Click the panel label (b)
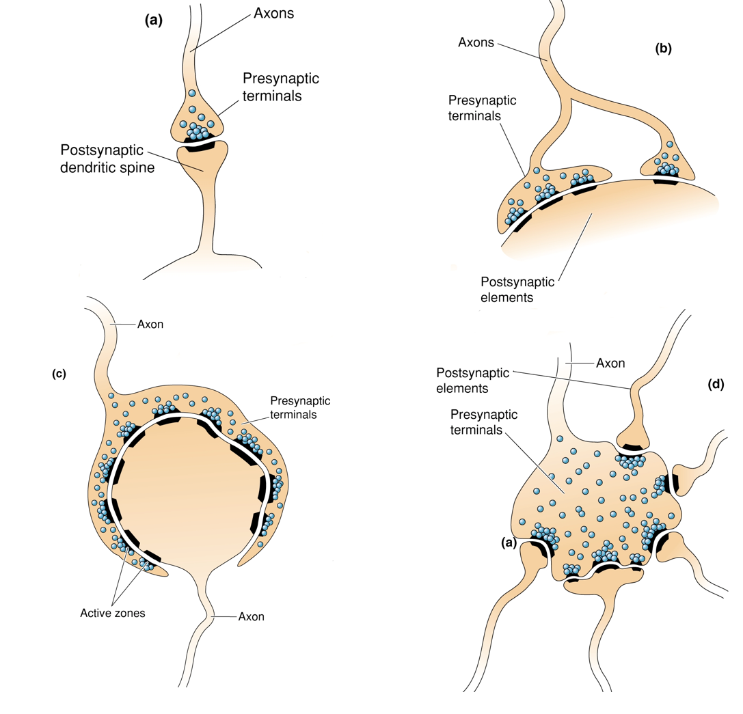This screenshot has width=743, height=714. [662, 49]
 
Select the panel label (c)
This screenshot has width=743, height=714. [59, 373]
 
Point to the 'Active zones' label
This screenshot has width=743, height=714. [112, 613]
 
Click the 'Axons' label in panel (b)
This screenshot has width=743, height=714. [476, 42]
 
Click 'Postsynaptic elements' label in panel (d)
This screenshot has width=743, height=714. [473, 380]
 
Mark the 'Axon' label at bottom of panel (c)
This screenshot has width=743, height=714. [251, 617]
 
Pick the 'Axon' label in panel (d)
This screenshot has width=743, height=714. [610, 363]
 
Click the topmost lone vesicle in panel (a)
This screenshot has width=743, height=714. [192, 93]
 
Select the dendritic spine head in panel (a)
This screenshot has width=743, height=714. [202, 161]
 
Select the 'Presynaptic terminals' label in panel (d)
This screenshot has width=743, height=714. [484, 422]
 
